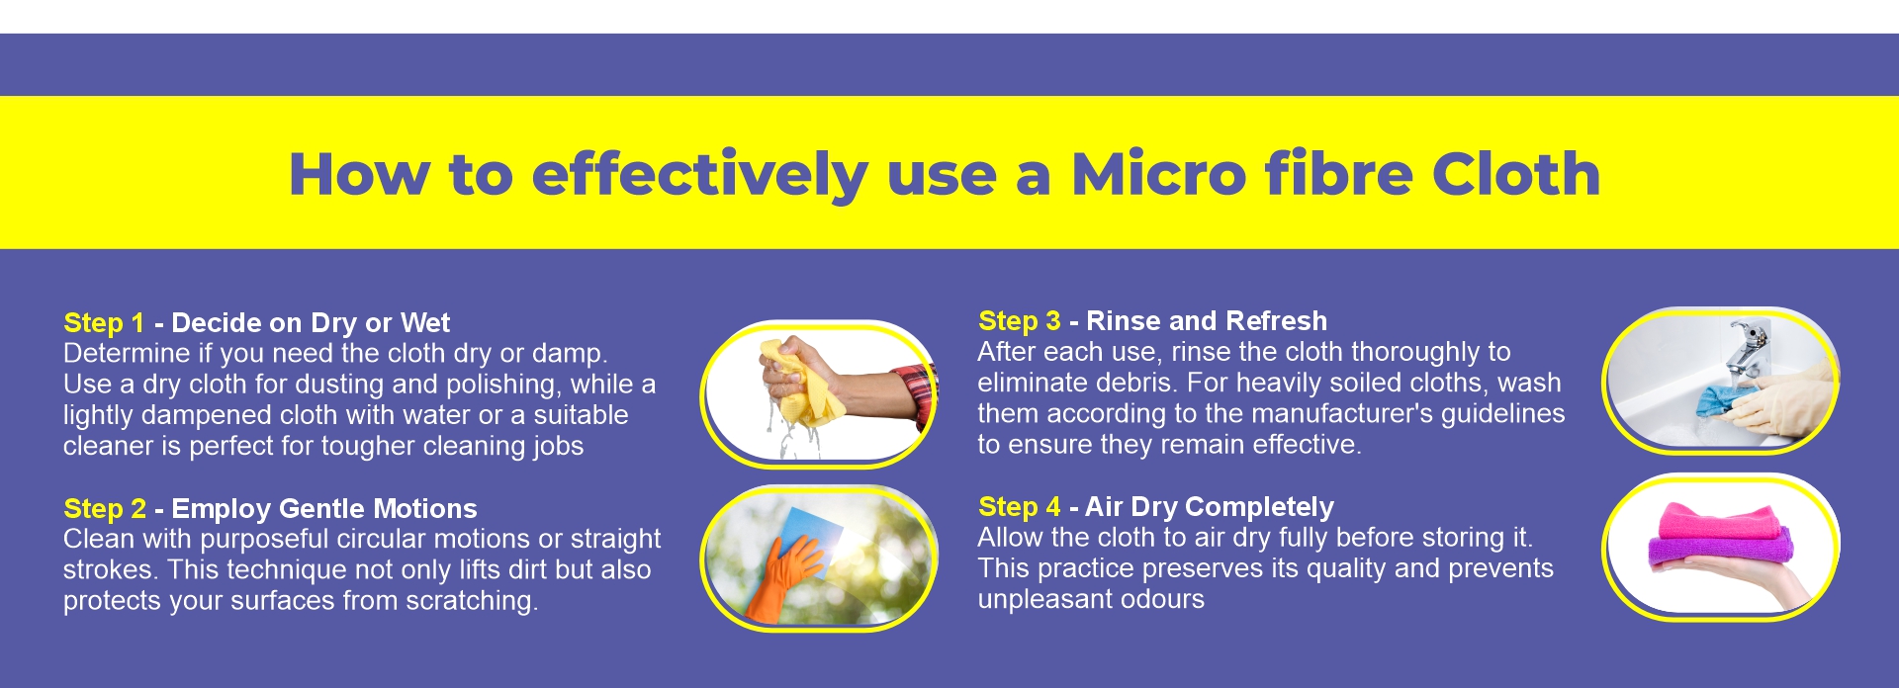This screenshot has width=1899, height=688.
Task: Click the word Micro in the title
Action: (1157, 174)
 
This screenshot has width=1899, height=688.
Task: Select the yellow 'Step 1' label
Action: (104, 323)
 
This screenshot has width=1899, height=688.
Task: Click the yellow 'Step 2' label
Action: (105, 509)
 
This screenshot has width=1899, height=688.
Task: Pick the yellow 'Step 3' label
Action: (1019, 321)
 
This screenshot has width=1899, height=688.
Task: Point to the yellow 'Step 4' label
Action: (1019, 507)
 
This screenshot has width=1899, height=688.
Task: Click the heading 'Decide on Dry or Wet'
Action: (311, 323)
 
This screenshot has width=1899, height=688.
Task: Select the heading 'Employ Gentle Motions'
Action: (324, 509)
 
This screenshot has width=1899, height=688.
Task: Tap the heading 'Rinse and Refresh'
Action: (1207, 321)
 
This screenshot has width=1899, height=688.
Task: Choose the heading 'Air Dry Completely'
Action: (1209, 507)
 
